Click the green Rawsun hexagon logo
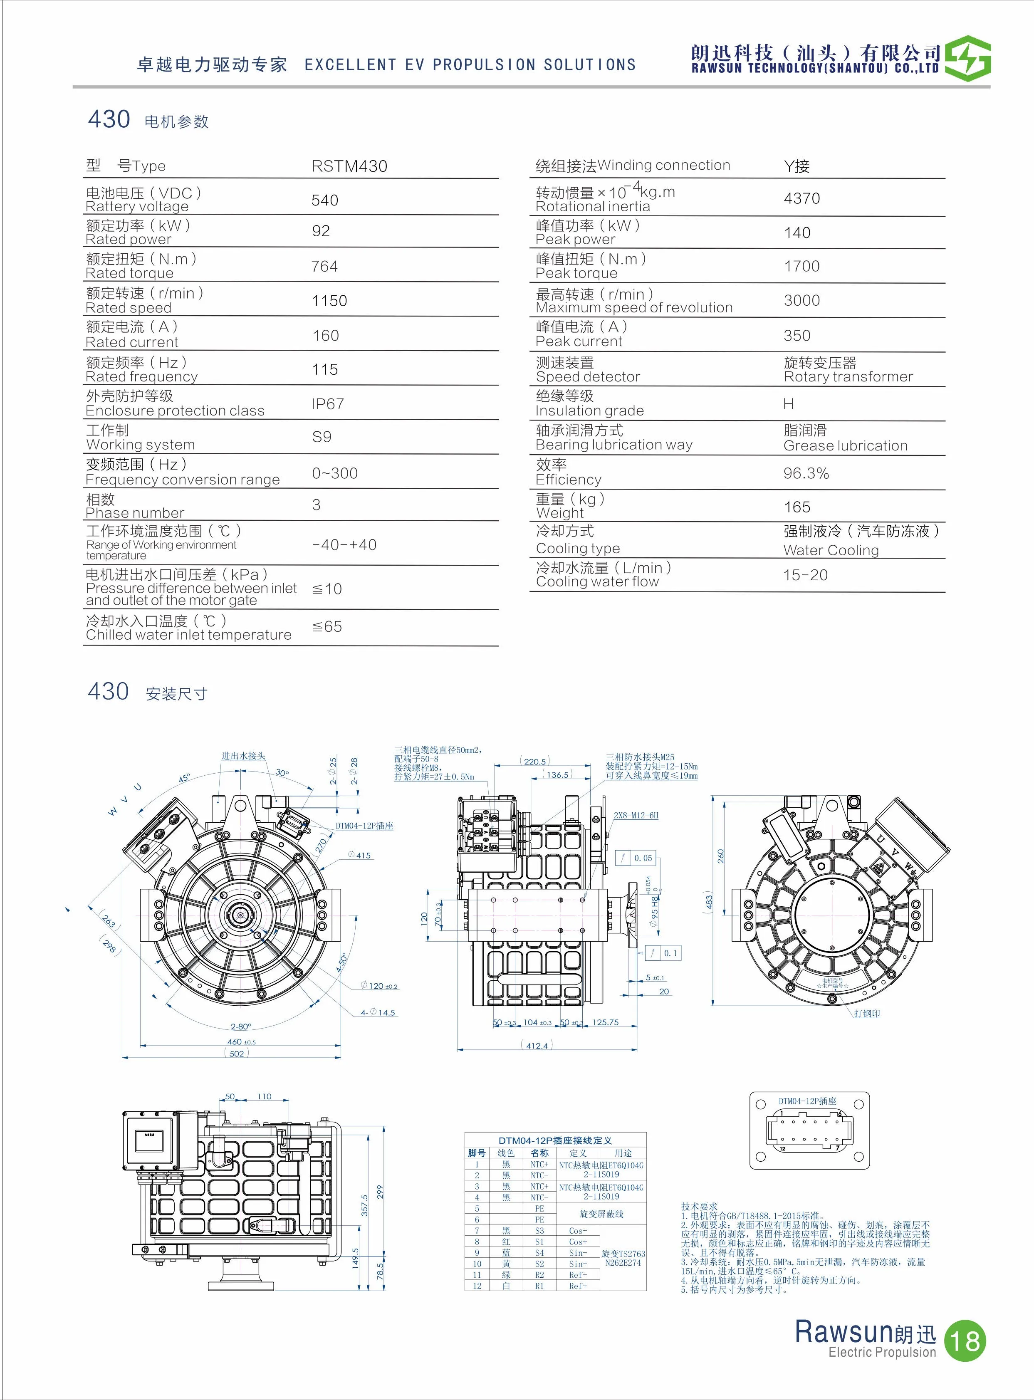(x=967, y=59)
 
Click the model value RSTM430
(x=349, y=166)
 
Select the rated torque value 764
(x=324, y=267)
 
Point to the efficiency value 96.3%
(x=806, y=474)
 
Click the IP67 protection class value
(x=327, y=404)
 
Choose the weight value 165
(x=797, y=507)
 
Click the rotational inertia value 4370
(x=801, y=198)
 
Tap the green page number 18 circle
(x=965, y=1341)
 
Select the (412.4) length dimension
(x=537, y=1045)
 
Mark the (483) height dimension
(x=708, y=902)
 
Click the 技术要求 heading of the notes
(x=699, y=1206)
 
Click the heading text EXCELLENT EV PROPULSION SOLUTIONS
(x=470, y=65)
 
